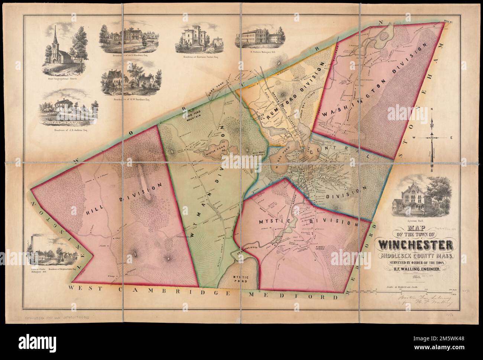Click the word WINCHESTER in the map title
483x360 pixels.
(x=416, y=245)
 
